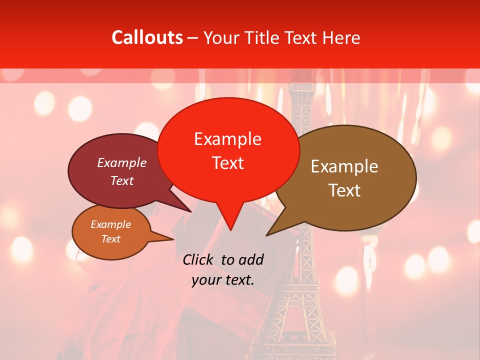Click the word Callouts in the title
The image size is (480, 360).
[147, 37]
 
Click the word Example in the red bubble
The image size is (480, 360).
[227, 139]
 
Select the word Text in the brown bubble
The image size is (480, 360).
[344, 190]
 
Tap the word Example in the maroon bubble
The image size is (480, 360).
[121, 163]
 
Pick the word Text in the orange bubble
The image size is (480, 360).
[111, 239]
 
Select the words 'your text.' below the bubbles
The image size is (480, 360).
[223, 280]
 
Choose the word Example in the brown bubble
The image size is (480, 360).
[344, 166]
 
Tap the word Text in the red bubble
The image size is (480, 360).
[228, 163]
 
